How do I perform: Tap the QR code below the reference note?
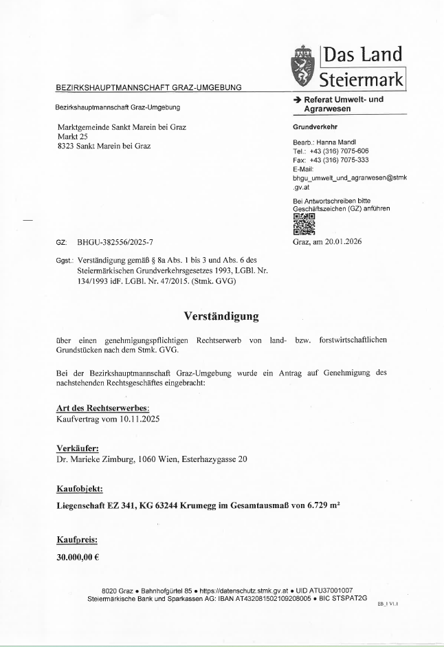[x=304, y=224]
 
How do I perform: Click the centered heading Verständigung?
[x=221, y=316]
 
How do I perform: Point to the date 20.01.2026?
[x=340, y=241]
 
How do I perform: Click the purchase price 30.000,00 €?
[x=78, y=557]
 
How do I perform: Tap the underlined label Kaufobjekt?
[x=80, y=489]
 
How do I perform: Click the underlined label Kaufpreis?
[x=76, y=540]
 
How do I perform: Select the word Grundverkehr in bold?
[x=315, y=127]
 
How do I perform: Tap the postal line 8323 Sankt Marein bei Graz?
[x=104, y=146]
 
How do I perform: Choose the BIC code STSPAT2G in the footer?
[x=349, y=598]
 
